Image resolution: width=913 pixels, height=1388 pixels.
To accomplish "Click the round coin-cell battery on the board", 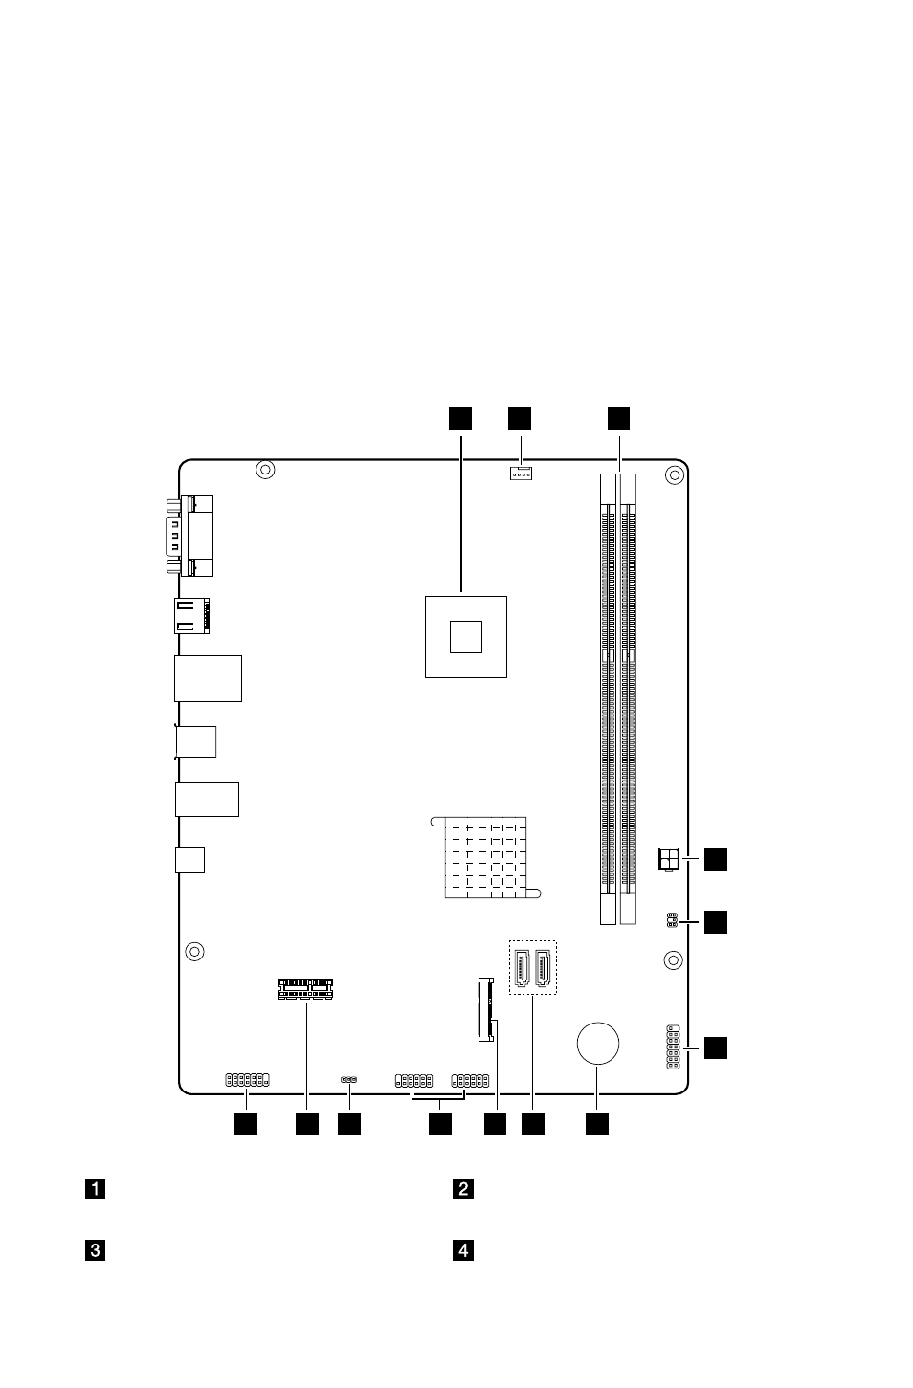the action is click(x=597, y=1044).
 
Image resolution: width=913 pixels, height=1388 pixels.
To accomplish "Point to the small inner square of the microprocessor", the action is click(x=465, y=637).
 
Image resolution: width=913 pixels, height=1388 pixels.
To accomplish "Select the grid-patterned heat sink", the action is click(x=485, y=858).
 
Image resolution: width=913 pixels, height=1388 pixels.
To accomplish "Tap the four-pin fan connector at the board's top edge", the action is click(x=521, y=474).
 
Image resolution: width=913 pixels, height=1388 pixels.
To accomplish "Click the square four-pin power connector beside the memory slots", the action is click(x=669, y=859).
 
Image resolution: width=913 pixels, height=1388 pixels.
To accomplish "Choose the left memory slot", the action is click(x=608, y=699).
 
